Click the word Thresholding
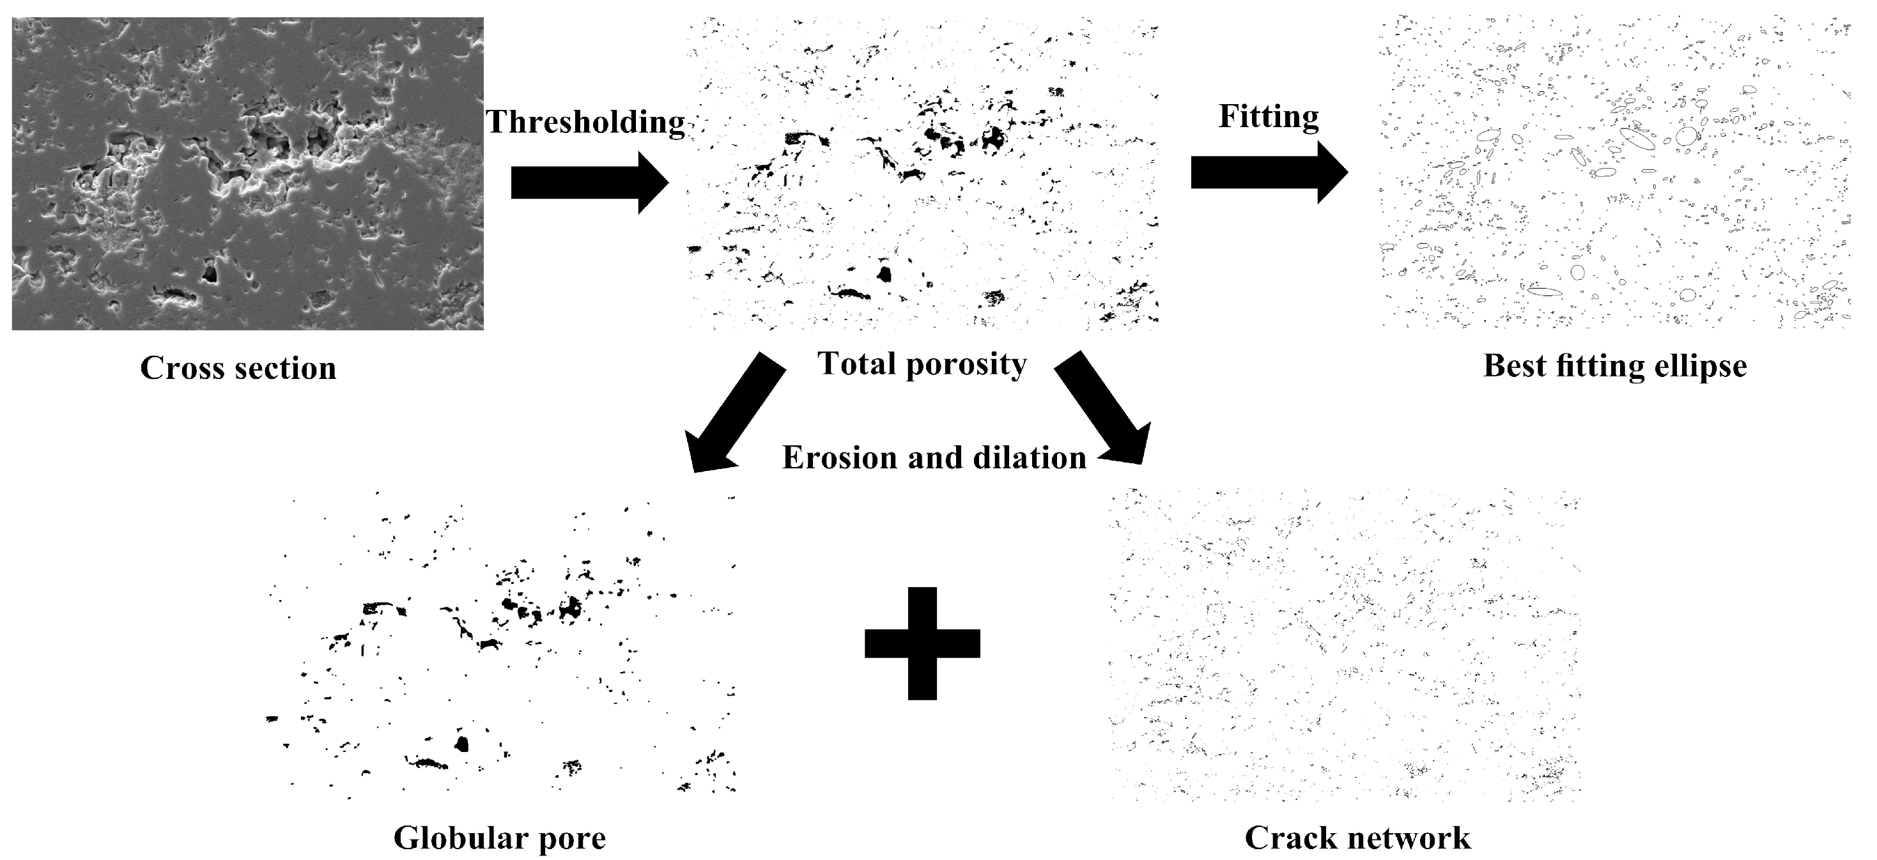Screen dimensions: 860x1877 click(x=585, y=122)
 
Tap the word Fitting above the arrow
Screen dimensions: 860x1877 click(x=1269, y=116)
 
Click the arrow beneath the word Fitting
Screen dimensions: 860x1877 click(x=1269, y=173)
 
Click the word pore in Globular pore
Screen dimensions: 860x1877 click(x=572, y=839)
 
